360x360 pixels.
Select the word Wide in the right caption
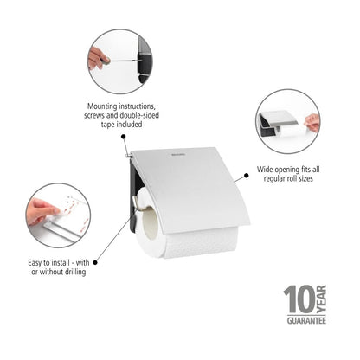(266, 171)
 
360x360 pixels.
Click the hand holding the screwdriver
(98, 57)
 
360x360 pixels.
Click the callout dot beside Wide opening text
(246, 176)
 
